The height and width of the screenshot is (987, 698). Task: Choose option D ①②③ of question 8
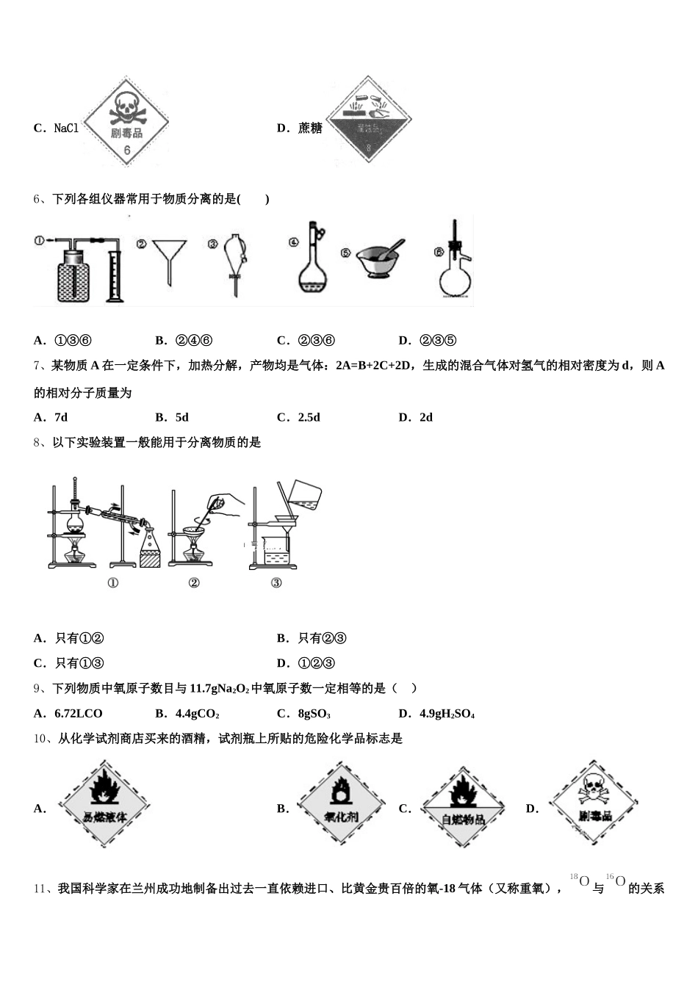click(x=316, y=663)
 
